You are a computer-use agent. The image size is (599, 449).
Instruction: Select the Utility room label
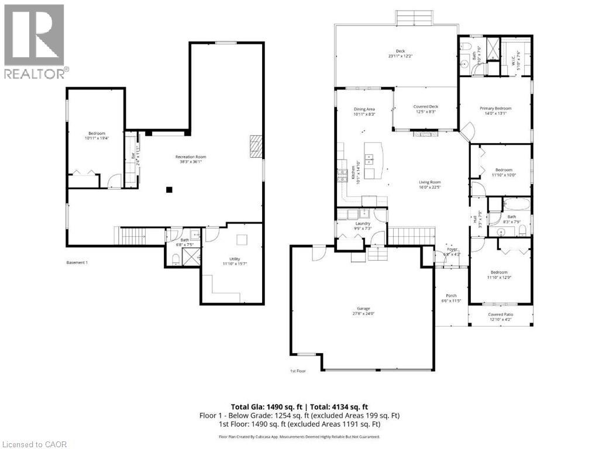pyautogui.click(x=230, y=261)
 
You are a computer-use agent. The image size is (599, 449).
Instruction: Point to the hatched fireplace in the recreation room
pyautogui.click(x=256, y=146)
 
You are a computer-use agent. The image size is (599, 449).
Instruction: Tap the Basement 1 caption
pyautogui.click(x=77, y=263)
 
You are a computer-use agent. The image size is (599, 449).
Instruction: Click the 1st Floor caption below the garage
pyautogui.click(x=298, y=371)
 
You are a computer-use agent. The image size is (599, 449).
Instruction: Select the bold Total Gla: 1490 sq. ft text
pyautogui.click(x=299, y=407)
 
